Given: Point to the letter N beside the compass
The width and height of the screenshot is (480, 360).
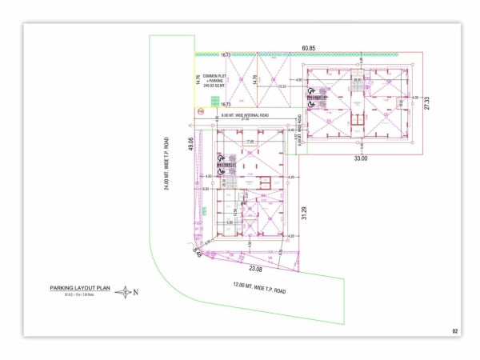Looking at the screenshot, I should point(136,292).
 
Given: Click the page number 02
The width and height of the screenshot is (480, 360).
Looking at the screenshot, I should point(454,330).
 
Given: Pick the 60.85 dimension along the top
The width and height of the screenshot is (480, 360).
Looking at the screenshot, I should point(307,48).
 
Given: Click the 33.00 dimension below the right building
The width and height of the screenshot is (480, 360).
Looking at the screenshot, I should point(360,158).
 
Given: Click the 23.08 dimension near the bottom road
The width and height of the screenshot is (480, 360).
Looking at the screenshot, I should point(256,268).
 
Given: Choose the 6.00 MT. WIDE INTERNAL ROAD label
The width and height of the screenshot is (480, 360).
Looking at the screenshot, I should point(241,115).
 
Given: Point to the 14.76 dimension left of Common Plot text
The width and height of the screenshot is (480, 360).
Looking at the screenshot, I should point(198,79).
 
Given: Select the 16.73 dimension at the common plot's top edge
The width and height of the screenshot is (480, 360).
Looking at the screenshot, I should point(226,55).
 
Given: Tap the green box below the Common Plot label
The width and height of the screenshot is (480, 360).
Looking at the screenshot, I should point(214,100).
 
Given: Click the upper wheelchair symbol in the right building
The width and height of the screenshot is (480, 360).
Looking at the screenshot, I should point(311,91).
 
